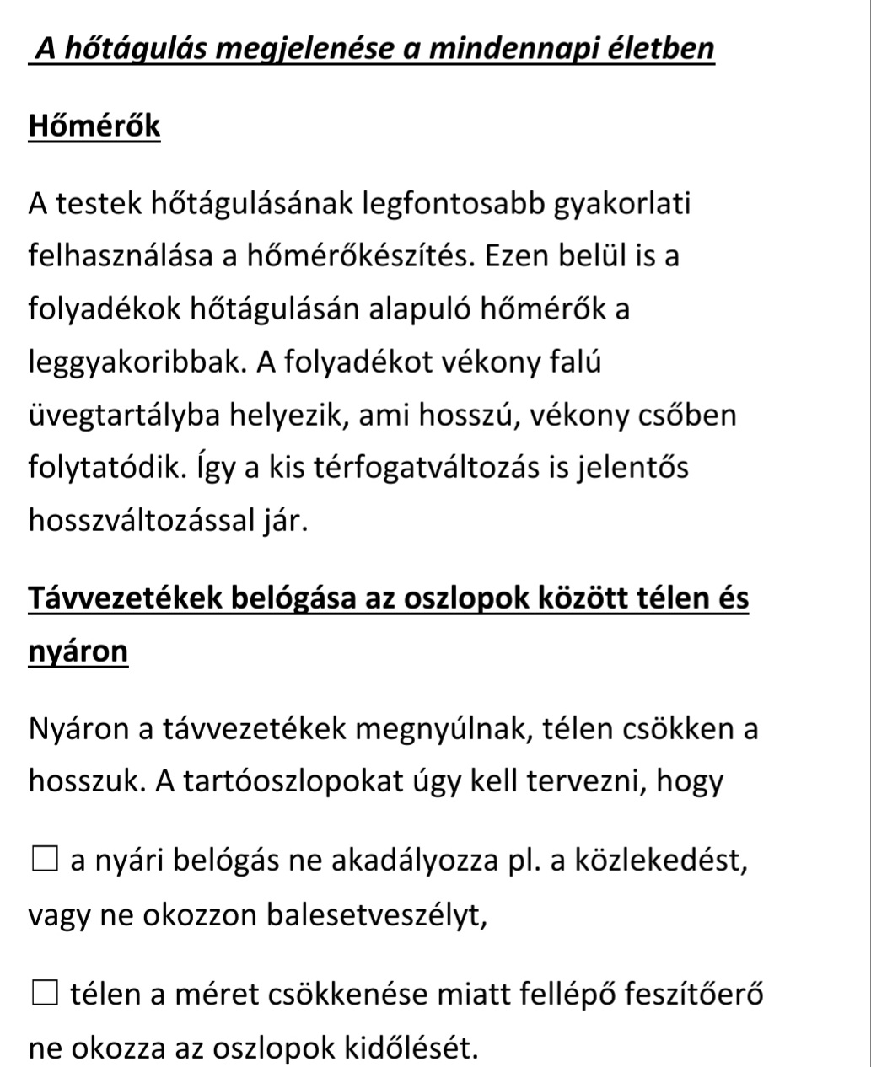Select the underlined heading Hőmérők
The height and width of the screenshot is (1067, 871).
click(x=94, y=126)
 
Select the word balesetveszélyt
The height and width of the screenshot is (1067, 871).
click(x=377, y=914)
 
